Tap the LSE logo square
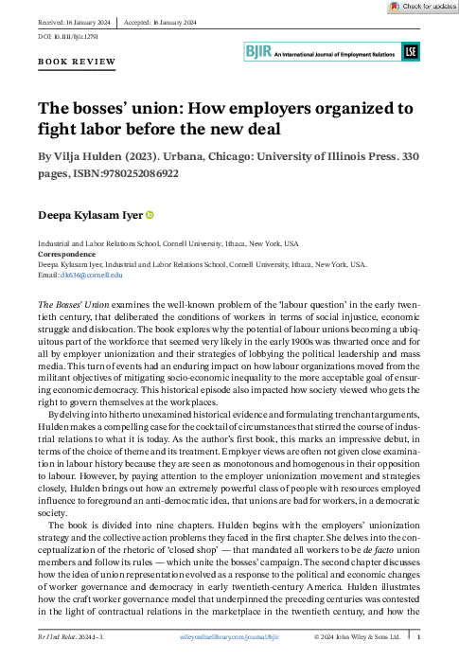(410, 53)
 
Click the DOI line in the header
(67, 35)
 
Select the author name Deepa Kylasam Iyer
(90, 216)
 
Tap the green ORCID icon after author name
(150, 216)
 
